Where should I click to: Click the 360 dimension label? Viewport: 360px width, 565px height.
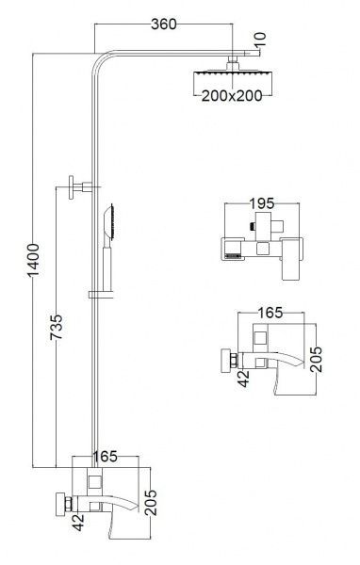point(164,24)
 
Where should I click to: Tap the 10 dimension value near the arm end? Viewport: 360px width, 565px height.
point(260,40)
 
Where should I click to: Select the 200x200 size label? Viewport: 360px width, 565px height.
point(232,96)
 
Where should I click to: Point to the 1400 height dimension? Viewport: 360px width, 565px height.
point(33,260)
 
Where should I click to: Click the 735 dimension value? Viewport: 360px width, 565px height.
point(57,327)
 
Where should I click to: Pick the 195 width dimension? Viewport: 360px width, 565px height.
point(262,203)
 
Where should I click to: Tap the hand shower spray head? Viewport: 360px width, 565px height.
point(109,222)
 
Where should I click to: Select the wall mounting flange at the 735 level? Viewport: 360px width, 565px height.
point(72,187)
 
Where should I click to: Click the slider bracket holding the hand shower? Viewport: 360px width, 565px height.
point(101,295)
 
